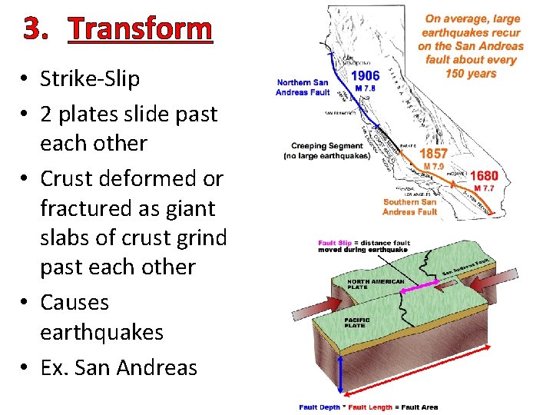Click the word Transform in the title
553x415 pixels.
(x=139, y=29)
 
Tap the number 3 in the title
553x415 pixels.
(x=35, y=29)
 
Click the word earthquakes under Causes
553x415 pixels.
(x=101, y=333)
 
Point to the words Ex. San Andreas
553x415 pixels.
(x=118, y=367)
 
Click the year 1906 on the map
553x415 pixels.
(x=365, y=75)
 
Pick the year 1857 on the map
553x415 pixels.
(x=434, y=154)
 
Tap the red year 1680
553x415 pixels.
(x=484, y=176)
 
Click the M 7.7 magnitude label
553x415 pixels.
(x=484, y=188)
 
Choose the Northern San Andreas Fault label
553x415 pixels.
(x=303, y=88)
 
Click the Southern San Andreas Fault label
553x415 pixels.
(x=409, y=207)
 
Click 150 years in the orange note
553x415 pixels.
(x=471, y=74)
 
